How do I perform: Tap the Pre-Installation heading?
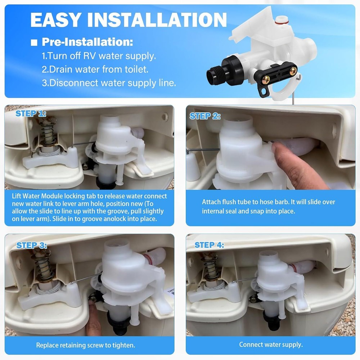click(x=87, y=42)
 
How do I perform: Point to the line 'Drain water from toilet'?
click(x=95, y=69)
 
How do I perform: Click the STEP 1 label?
click(x=31, y=114)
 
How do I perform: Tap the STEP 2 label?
click(x=205, y=116)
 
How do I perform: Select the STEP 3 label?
click(x=32, y=246)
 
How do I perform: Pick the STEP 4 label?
click(x=209, y=245)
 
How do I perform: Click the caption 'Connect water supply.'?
click(x=271, y=345)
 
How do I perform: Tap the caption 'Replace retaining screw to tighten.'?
click(x=86, y=345)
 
